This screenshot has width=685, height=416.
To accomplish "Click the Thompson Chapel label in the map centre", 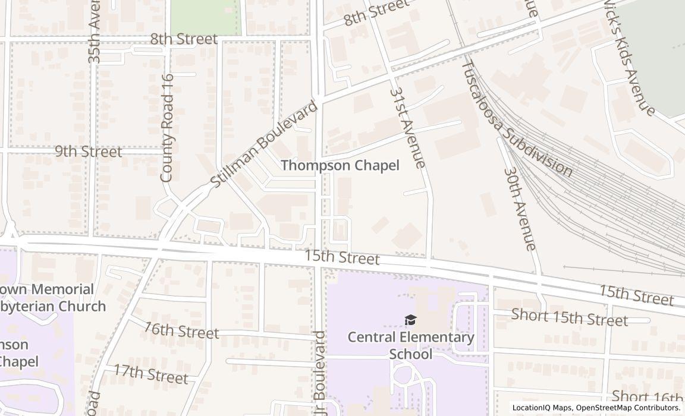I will pos(340,166).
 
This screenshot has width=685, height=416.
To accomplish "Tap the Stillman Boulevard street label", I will pos(265,145).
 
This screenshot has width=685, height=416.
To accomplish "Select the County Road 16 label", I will pos(167,128).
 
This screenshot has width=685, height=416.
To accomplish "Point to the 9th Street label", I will pos(88,152).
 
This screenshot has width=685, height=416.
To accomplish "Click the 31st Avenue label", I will pos(408,127).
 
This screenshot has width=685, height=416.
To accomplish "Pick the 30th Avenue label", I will pos(520,209).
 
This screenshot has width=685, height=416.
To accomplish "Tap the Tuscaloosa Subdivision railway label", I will pos(517,119).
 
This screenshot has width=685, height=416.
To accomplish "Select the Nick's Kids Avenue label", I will pos(629,56).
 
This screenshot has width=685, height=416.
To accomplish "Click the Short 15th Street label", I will pos(569,318).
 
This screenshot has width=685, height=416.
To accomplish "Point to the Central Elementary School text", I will pos(410,346).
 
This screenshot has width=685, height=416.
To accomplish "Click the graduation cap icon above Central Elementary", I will pos(410,321).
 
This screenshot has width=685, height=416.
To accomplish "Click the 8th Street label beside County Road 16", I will pos(183,39).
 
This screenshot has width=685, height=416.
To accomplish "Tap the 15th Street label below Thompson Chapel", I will pos(341,258).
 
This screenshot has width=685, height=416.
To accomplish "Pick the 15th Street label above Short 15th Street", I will pos(636,295).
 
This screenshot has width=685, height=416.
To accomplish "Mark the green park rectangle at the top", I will pos(206,17).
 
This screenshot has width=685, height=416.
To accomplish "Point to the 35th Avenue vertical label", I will pos(95,32).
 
